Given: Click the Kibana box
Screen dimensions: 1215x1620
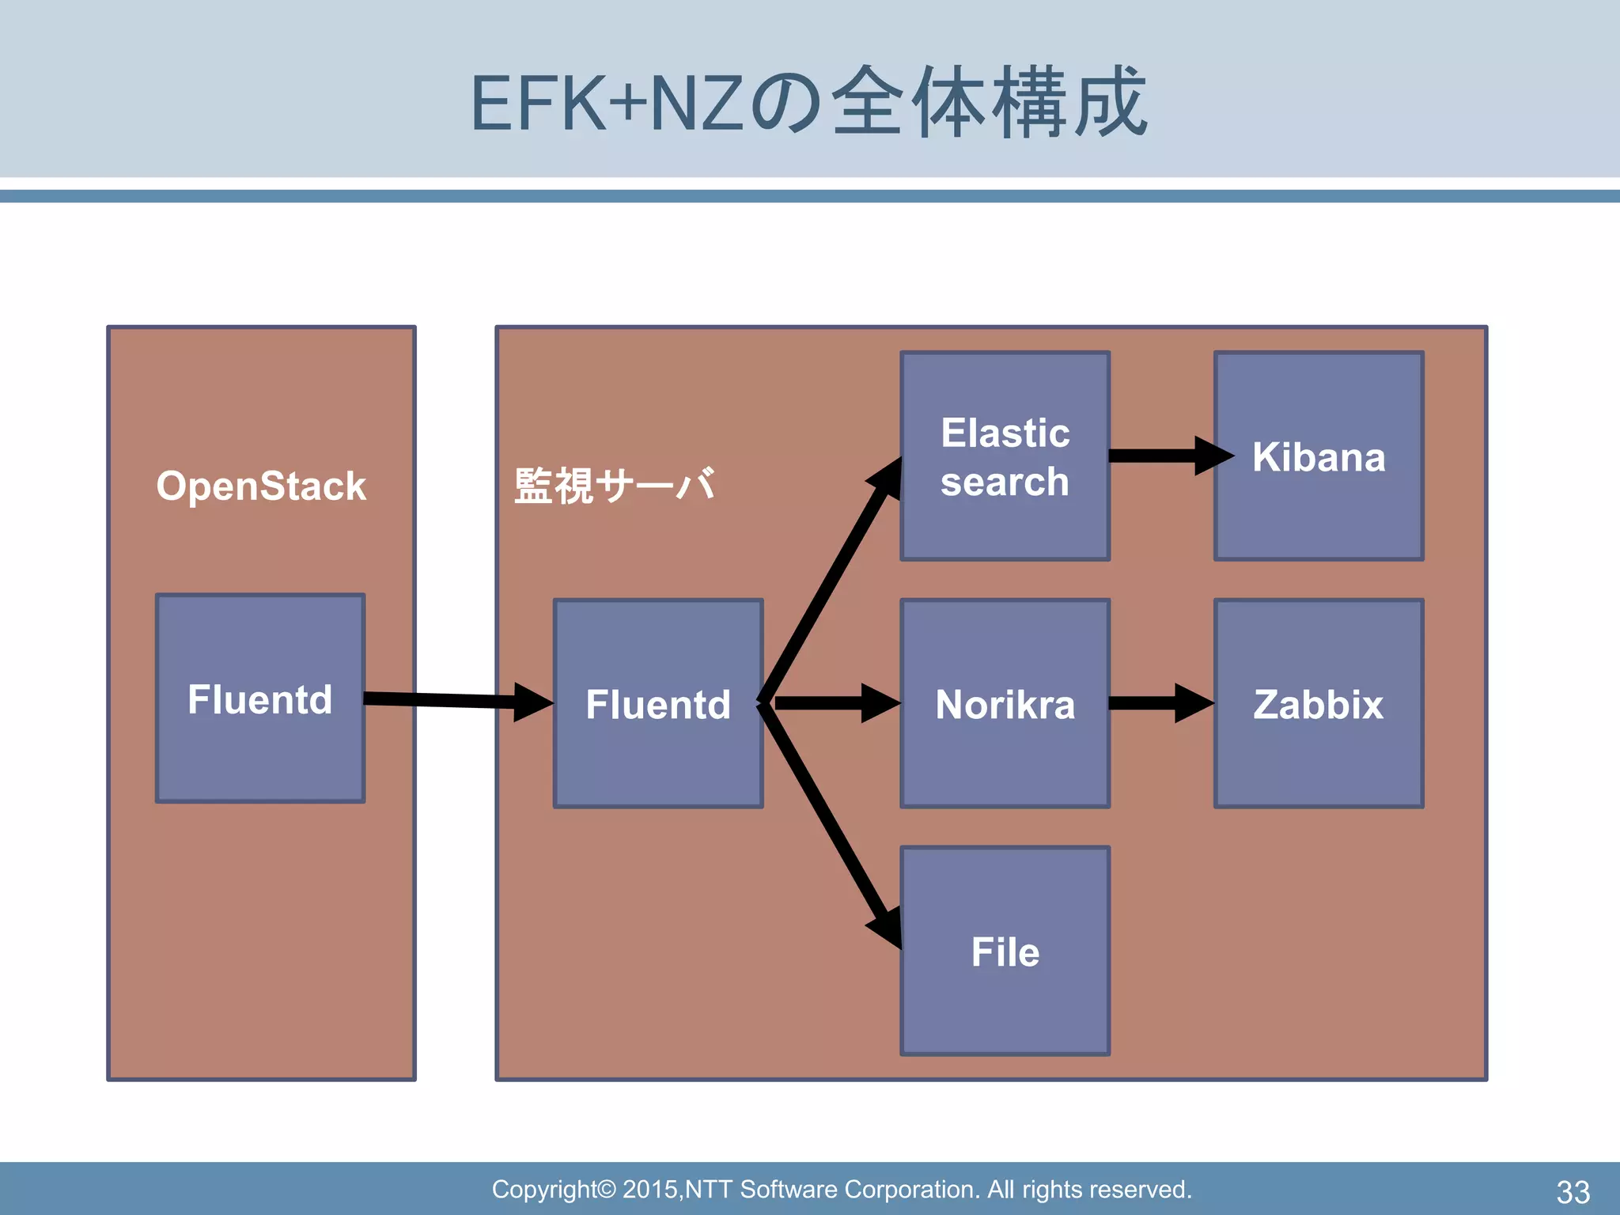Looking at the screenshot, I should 1319,456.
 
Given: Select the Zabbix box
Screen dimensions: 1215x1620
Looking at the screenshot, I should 1319,703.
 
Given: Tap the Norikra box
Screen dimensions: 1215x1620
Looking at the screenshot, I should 1005,703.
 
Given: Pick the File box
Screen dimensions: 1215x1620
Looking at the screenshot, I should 1005,951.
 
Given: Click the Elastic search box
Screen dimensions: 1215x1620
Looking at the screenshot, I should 1005,456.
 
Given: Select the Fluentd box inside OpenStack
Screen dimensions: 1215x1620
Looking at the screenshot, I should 260,698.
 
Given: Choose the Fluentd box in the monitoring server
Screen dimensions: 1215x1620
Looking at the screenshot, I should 658,703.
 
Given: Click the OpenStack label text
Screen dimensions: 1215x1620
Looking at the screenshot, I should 261,486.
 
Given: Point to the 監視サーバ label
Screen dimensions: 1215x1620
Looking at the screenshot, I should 615,486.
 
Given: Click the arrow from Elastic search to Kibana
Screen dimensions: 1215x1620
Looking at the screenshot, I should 1163,456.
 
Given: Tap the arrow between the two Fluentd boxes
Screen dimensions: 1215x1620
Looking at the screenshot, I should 451,700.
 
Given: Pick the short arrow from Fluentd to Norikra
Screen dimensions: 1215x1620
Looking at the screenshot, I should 831,703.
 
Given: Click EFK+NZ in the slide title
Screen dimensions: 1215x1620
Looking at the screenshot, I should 605,103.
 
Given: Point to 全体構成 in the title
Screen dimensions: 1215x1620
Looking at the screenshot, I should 989,103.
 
